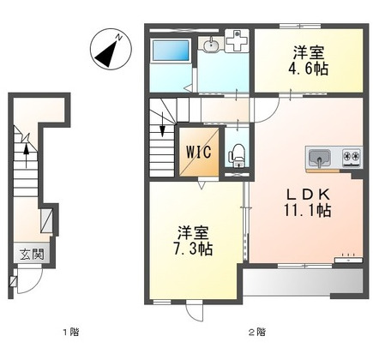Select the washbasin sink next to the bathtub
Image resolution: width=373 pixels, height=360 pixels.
pyautogui.click(x=211, y=44)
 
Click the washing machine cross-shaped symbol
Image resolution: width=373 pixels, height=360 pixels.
pyautogui.click(x=236, y=42)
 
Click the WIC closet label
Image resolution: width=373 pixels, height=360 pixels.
pyautogui.click(x=196, y=151)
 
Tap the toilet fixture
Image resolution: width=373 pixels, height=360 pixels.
pyautogui.click(x=236, y=154)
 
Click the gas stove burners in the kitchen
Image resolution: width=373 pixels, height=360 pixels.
pyautogui.click(x=351, y=157)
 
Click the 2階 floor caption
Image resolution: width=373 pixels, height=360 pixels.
pyautogui.click(x=256, y=331)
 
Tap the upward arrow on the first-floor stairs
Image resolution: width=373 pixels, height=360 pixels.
pyautogui.click(x=27, y=155)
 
